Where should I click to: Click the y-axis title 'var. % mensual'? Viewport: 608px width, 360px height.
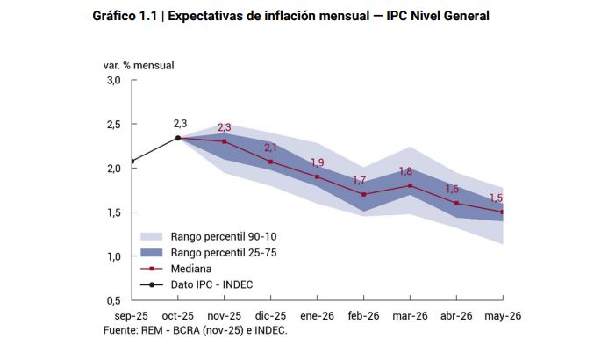point(139,64)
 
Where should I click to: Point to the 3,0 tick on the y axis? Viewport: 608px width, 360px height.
point(113,81)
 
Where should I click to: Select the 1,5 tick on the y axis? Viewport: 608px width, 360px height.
point(113,212)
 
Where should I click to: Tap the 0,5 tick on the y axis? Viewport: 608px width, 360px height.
point(113,300)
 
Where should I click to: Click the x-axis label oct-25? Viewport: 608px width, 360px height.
point(178,315)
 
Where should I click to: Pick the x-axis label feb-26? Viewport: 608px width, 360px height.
point(362,315)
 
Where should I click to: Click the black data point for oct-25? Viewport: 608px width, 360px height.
point(178,138)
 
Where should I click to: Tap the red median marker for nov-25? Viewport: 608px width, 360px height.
point(225,141)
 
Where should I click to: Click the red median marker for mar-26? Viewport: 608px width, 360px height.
point(410,185)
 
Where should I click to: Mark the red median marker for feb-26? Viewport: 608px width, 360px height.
point(363,194)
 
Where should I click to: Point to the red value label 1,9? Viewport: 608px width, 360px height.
point(317,163)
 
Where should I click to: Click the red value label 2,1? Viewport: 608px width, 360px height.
point(270,148)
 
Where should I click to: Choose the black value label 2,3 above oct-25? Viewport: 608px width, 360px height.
point(180,123)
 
